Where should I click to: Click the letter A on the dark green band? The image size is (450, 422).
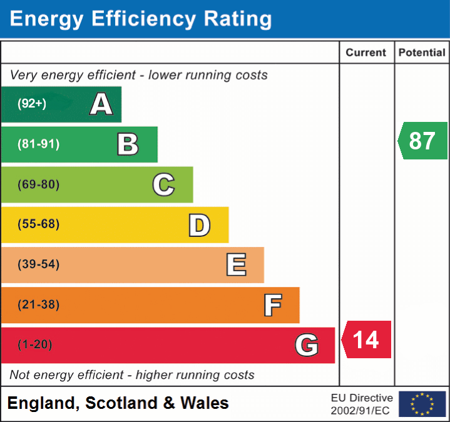[x=101, y=104]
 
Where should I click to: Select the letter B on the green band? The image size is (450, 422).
[x=128, y=144]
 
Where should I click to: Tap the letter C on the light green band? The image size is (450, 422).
[x=163, y=184]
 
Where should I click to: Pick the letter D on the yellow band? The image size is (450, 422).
[x=199, y=225]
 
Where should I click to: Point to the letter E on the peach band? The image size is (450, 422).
[x=236, y=265]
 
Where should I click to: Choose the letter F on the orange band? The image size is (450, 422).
[x=272, y=305]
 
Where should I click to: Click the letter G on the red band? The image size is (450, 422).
[x=306, y=345]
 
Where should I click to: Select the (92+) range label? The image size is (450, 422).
[x=32, y=104]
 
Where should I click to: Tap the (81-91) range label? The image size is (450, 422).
[x=39, y=144]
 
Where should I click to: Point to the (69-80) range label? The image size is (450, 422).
[x=39, y=184]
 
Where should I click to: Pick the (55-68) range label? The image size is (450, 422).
[x=39, y=224]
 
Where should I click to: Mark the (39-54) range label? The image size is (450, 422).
[x=39, y=264]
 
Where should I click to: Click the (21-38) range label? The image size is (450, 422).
[x=39, y=304]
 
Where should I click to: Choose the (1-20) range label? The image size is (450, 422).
[x=35, y=344]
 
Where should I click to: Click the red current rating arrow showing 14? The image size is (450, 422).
[x=367, y=339]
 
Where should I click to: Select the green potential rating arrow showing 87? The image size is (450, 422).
[x=423, y=141]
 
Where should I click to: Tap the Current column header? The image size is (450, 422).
[x=366, y=53]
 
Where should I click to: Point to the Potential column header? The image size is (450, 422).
[x=422, y=53]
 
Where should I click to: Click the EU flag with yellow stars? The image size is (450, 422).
[x=422, y=404]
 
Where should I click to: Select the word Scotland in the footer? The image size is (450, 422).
[x=121, y=403]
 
